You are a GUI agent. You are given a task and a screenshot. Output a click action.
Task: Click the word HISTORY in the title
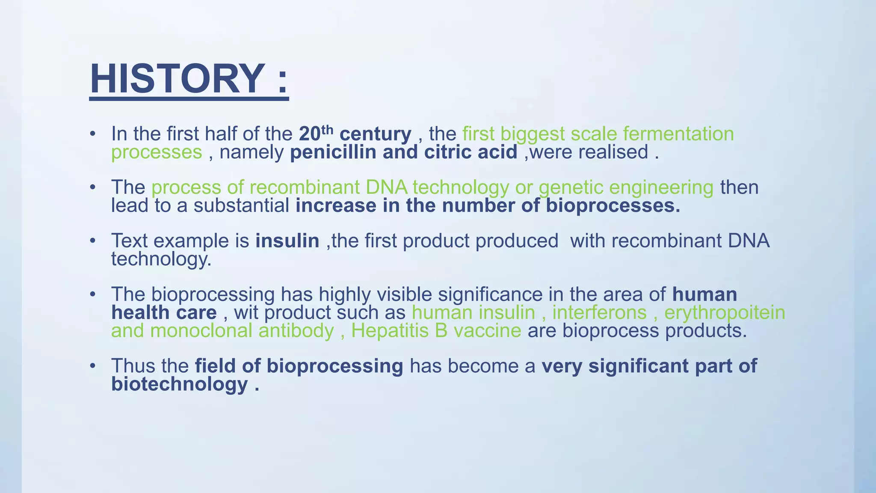pos(177,79)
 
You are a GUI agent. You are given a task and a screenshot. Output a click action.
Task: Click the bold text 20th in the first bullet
pos(315,134)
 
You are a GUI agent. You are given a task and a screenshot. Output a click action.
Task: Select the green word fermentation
pos(678,134)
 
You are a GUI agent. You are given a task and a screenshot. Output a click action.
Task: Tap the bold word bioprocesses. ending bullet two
pos(613,206)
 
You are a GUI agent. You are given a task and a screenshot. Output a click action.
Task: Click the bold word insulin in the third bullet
pos(287,241)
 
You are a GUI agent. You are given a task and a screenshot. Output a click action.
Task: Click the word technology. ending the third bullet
pos(161,259)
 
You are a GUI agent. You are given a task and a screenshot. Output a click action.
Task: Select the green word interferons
pos(599,313)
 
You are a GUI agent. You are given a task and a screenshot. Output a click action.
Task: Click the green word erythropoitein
pos(725,313)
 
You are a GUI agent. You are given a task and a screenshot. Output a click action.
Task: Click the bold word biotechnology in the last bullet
pos(180,384)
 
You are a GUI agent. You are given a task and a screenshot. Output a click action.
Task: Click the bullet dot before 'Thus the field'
pos(92,366)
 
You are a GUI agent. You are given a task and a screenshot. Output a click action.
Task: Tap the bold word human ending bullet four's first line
pos(704,294)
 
